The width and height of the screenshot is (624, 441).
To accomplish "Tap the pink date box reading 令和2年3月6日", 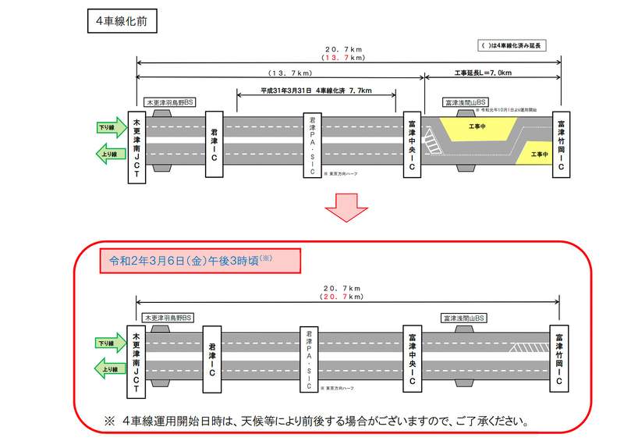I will [x=190, y=260].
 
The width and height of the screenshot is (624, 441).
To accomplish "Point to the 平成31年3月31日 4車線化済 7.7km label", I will [x=316, y=91].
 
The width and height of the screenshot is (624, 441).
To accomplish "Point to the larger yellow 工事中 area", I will [x=477, y=126].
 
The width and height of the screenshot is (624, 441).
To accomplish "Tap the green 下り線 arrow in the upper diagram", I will [x=110, y=127].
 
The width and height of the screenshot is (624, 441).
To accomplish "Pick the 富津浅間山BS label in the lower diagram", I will [x=463, y=318].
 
